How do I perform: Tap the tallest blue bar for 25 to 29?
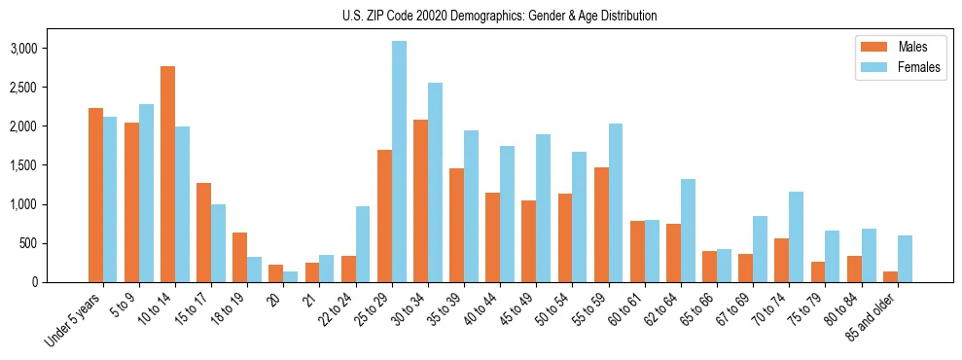tap(399, 162)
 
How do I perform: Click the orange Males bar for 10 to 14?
tap(168, 174)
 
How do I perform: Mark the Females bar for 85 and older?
tap(906, 259)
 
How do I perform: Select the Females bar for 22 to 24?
tap(363, 244)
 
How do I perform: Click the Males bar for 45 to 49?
tap(529, 241)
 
